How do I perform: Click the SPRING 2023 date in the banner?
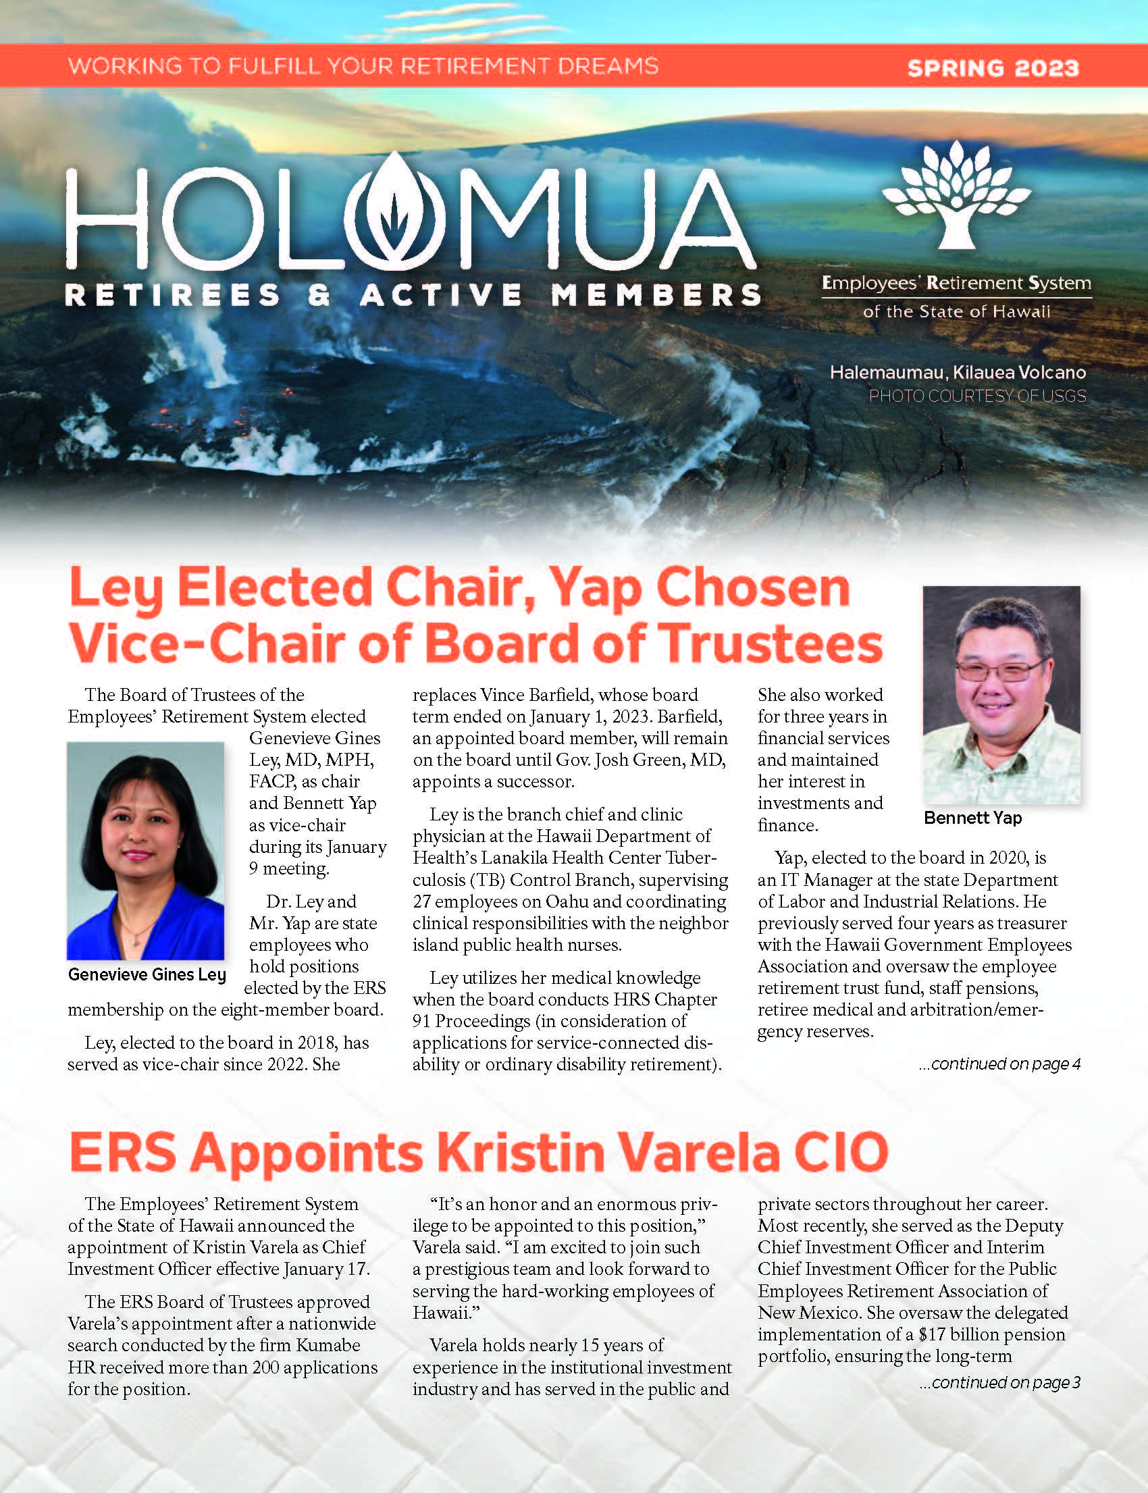pyautogui.click(x=993, y=68)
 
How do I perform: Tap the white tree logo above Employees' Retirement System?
pyautogui.click(x=956, y=194)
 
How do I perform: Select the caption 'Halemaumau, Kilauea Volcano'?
pyautogui.click(x=958, y=372)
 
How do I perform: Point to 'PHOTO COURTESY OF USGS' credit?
pyautogui.click(x=976, y=396)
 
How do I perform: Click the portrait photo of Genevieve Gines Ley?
pyautogui.click(x=145, y=850)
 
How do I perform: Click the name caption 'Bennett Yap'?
pyautogui.click(x=972, y=818)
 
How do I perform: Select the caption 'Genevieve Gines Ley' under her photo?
pyautogui.click(x=147, y=975)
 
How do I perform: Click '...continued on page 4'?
pyautogui.click(x=999, y=1064)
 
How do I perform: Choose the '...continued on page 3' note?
pyautogui.click(x=999, y=1383)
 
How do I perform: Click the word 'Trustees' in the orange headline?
pyautogui.click(x=773, y=644)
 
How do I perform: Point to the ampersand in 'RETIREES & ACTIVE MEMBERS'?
pyautogui.click(x=319, y=296)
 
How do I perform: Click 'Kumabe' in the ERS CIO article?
pyautogui.click(x=328, y=1345)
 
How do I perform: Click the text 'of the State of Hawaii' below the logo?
pyautogui.click(x=956, y=312)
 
